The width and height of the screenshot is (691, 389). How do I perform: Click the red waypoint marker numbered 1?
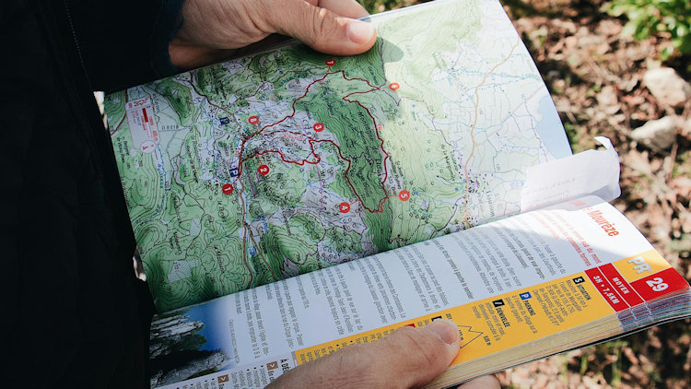click(228, 188)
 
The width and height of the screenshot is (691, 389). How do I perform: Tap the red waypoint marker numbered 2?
click(264, 170)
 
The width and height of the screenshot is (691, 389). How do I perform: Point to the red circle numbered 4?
click(344, 207)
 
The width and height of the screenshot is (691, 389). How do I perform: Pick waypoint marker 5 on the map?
click(404, 195)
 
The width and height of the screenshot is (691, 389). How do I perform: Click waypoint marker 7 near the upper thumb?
click(330, 62)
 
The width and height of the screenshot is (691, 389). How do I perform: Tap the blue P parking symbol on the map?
click(234, 171)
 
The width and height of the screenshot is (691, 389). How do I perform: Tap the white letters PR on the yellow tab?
click(638, 265)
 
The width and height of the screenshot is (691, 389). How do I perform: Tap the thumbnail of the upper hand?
click(360, 32)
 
